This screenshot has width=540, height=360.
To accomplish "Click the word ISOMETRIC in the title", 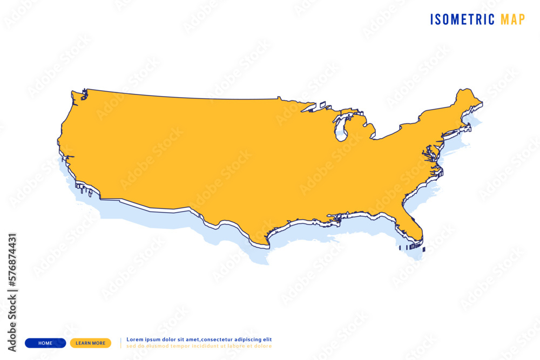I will pos(462,19).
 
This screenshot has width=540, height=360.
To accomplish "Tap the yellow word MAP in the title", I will pos(512,19).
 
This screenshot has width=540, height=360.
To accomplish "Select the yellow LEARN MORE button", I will pos(91,343).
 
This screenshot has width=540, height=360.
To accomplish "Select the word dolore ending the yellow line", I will pos(263,346).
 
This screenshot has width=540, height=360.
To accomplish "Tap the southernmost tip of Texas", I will pos(267,246).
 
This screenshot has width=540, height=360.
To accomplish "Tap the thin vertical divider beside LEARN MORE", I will pos(120,343).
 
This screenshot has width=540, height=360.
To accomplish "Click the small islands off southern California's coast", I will pos(85,189).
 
